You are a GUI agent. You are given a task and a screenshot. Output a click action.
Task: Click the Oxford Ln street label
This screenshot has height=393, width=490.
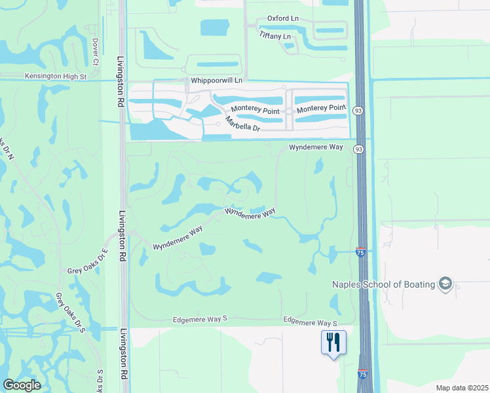[283, 20]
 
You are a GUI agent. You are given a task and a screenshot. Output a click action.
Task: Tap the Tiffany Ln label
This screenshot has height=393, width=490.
[274, 35]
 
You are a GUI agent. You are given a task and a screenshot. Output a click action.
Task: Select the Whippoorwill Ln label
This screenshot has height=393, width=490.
[216, 80]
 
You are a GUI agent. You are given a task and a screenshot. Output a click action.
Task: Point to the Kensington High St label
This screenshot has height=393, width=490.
[56, 77]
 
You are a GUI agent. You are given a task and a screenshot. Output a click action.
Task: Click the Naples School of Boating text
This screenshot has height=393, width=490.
[383, 284]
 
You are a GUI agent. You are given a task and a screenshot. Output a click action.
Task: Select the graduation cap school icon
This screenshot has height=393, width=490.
[445, 284]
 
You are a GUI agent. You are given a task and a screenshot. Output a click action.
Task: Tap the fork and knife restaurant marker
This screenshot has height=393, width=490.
[333, 342]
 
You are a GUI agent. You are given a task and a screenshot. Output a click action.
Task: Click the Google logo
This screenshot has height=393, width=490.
[22, 385]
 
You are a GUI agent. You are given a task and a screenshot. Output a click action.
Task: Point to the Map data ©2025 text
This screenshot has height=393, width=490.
[462, 388]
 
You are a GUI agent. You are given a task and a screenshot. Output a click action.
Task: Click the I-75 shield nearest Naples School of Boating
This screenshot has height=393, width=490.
[360, 251]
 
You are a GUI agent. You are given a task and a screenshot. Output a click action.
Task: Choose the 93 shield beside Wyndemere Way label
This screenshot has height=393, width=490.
[358, 149]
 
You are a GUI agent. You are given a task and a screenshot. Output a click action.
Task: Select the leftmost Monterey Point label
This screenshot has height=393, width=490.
[255, 111]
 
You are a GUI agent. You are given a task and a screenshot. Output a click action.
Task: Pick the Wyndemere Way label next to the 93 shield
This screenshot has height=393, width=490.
[316, 148]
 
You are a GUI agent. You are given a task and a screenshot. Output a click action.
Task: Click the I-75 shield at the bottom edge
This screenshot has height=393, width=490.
[363, 374]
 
